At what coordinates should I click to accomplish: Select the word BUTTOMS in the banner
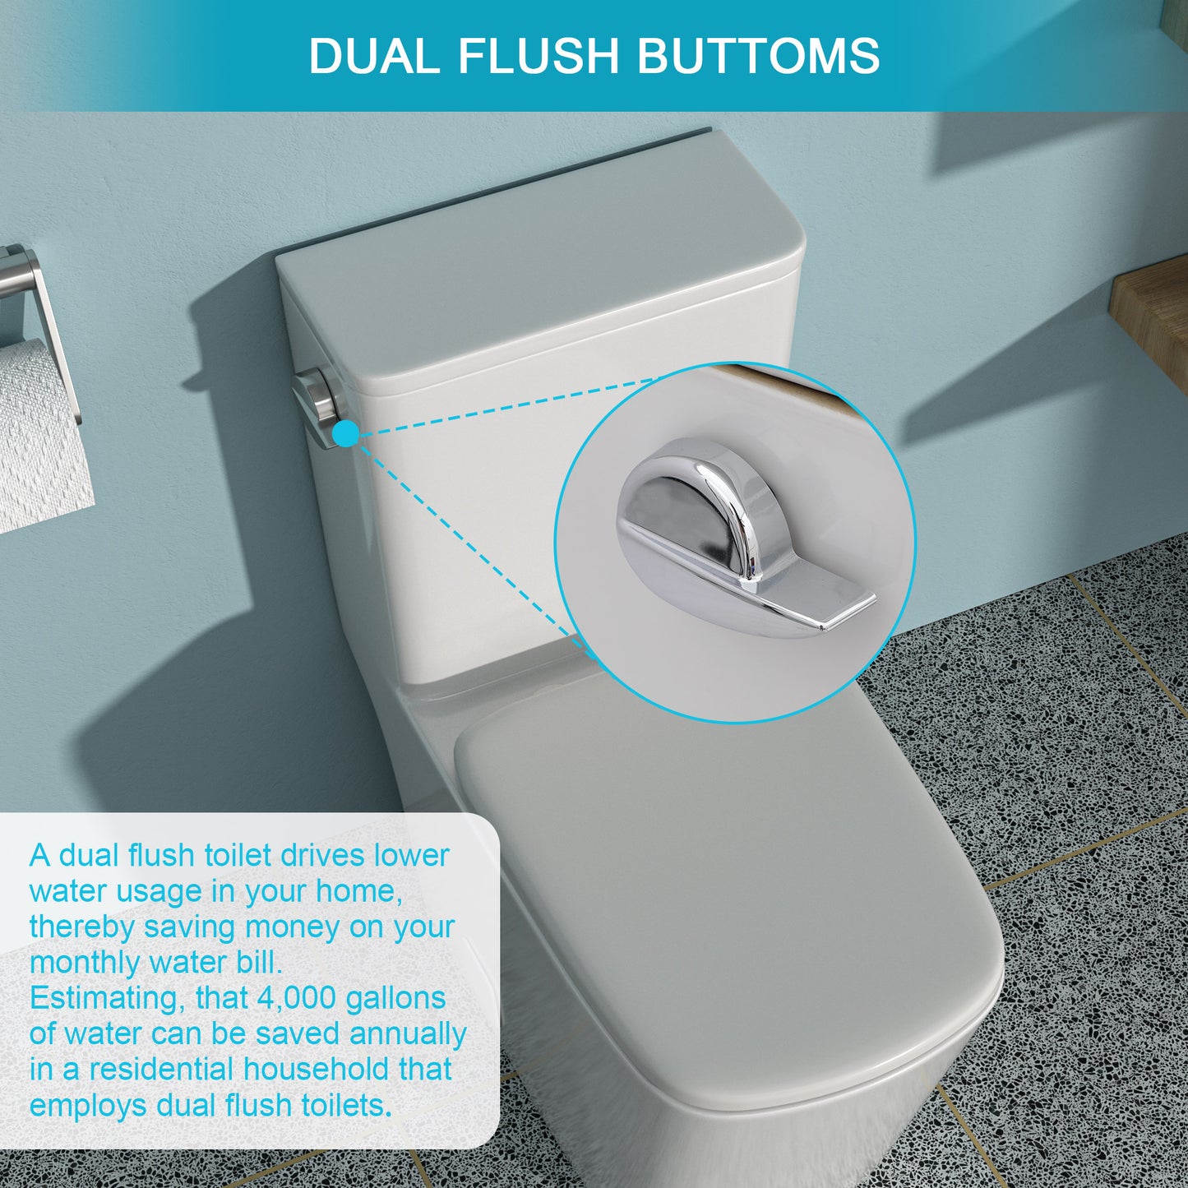pyautogui.click(x=757, y=56)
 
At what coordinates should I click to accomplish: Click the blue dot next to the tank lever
pyautogui.click(x=347, y=433)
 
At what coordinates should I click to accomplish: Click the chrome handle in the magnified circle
pyautogui.click(x=723, y=534)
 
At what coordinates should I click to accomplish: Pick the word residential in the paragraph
pyautogui.click(x=161, y=1069)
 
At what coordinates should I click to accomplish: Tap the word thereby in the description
pyautogui.click(x=81, y=927)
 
